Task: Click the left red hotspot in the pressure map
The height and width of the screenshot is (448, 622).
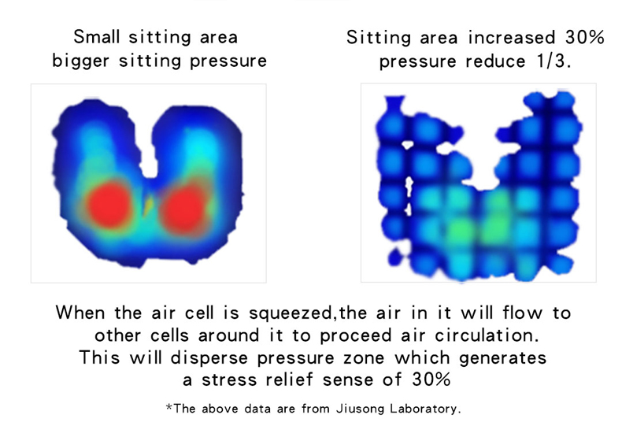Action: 109,205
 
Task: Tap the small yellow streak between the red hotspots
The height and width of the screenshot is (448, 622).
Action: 148,205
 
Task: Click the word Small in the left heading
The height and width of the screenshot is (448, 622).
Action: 96,37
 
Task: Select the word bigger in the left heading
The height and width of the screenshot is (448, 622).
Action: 80,61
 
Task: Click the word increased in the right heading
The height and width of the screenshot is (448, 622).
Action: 511,37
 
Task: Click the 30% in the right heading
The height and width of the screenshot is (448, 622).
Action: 585,37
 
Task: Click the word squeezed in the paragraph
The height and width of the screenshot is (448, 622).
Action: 291,313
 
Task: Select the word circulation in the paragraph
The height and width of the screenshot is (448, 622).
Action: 487,335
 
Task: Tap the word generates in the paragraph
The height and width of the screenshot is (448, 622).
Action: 502,358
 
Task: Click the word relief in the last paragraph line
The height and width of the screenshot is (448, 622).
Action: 289,380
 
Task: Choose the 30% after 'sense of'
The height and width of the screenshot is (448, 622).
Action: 431,380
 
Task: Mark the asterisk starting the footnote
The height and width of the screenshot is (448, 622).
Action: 169,407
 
